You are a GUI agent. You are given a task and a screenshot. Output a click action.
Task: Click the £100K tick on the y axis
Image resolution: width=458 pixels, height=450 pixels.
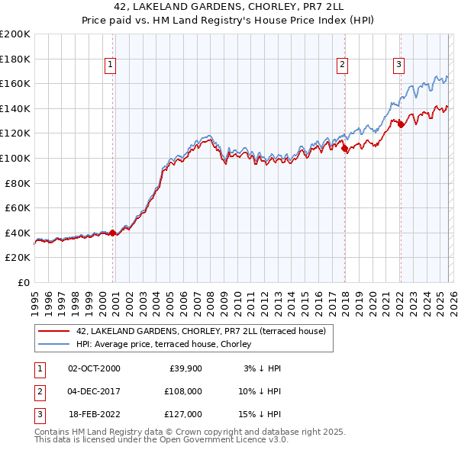tap(15, 158)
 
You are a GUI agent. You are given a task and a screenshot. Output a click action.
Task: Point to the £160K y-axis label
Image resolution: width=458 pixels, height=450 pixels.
tap(15, 83)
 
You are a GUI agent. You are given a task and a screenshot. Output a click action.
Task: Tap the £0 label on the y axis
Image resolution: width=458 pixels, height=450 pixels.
tap(24, 282)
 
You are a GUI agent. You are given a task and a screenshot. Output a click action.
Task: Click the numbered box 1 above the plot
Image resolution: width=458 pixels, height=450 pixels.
tap(111, 66)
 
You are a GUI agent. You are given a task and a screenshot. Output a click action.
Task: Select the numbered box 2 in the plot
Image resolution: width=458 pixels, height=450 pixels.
tap(343, 66)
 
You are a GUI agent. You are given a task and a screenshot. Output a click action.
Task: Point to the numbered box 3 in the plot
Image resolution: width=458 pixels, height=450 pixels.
tap(399, 66)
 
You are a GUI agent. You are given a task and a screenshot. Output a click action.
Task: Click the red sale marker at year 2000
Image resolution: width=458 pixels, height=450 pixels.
tap(112, 233)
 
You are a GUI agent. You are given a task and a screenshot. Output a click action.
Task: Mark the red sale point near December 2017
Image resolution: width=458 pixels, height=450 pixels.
tap(344, 148)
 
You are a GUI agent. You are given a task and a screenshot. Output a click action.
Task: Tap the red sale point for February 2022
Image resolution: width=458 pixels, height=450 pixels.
tap(401, 124)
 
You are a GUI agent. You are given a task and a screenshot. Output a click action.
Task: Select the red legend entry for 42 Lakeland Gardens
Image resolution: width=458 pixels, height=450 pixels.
tap(201, 331)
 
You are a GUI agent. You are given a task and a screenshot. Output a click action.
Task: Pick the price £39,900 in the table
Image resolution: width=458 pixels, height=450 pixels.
tap(185, 368)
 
